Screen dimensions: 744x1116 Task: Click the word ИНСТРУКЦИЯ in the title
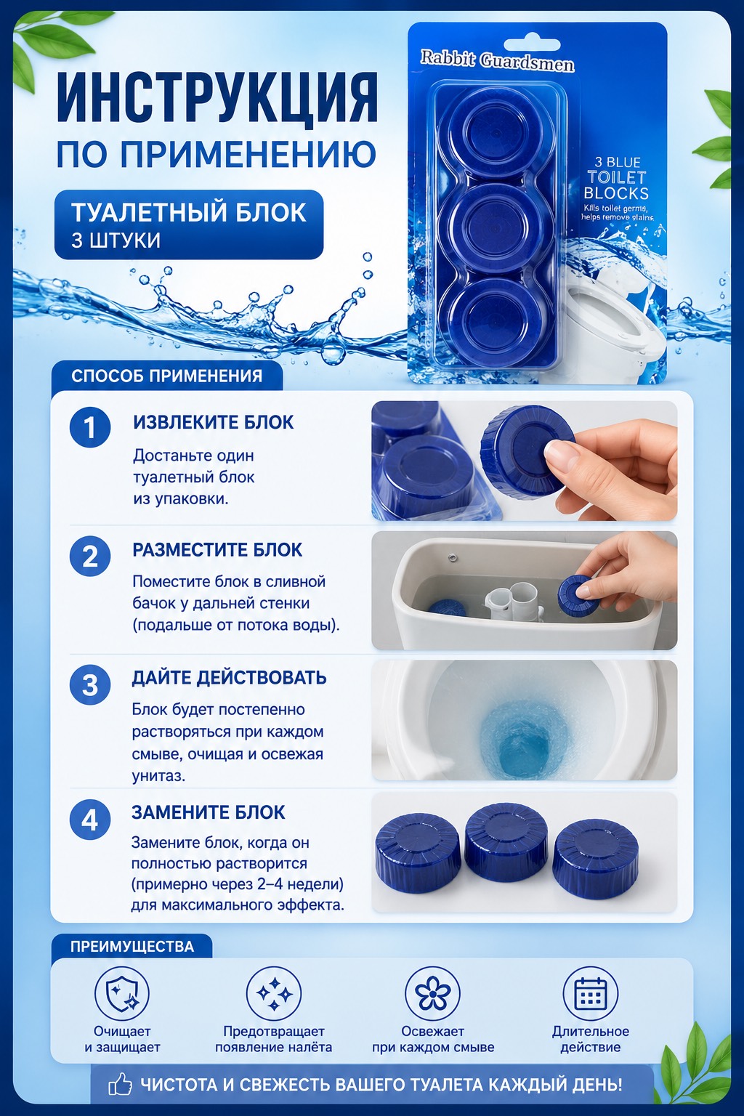tap(217, 98)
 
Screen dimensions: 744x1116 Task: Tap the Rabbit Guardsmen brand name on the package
tap(497, 62)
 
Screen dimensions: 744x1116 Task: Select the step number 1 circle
tap(89, 427)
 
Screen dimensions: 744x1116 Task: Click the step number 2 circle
tap(89, 556)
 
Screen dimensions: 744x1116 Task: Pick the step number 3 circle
tap(89, 684)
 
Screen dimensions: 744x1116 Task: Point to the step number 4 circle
tap(89, 820)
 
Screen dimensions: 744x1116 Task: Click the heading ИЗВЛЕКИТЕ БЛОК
tap(214, 422)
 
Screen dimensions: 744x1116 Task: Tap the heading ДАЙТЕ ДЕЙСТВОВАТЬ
tap(229, 678)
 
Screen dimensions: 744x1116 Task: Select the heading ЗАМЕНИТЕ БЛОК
tap(209, 812)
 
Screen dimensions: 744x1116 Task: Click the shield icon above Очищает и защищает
tap(122, 995)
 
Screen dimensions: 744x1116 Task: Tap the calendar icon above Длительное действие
tap(591, 993)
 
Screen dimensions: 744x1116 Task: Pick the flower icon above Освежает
tap(432, 994)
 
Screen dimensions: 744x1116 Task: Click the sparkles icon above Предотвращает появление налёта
tap(274, 995)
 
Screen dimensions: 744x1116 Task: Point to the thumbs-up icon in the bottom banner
tap(120, 1084)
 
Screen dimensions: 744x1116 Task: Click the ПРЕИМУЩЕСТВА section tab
tap(132, 947)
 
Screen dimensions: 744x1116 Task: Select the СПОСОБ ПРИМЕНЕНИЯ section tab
tap(167, 376)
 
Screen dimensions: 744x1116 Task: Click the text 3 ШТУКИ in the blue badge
tap(116, 240)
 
